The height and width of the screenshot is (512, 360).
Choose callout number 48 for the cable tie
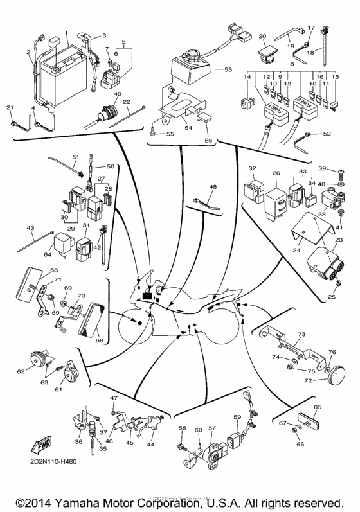coord(212,187)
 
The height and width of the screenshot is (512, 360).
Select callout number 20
coord(262,36)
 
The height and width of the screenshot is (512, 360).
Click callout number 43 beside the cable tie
coord(30,228)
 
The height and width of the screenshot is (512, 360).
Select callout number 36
coord(78,441)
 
